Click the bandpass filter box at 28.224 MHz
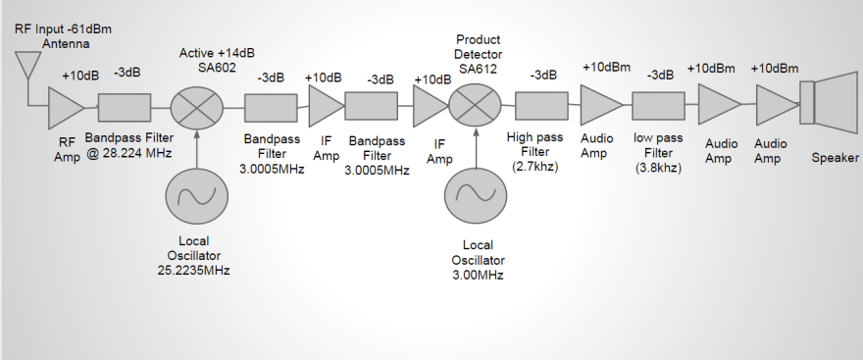click(123, 107)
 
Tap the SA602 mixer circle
click(197, 107)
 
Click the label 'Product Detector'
click(479, 45)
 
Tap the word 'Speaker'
click(836, 158)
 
